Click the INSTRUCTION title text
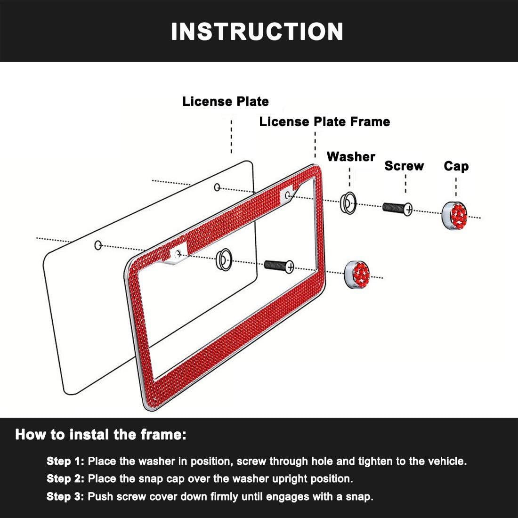click(257, 32)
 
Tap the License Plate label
click(225, 101)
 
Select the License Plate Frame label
click(324, 121)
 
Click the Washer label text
click(351, 156)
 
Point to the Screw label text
click(404, 166)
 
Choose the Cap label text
click(456, 166)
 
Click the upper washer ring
click(348, 202)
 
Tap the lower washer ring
click(224, 259)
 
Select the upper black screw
click(397, 208)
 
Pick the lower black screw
click(279, 265)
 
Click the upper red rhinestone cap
click(454, 215)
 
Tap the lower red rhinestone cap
click(357, 274)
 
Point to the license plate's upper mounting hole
click(217, 187)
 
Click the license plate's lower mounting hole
click(98, 245)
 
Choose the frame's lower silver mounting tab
click(178, 254)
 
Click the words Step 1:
click(66, 461)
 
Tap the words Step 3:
click(66, 496)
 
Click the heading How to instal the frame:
click(101, 435)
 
